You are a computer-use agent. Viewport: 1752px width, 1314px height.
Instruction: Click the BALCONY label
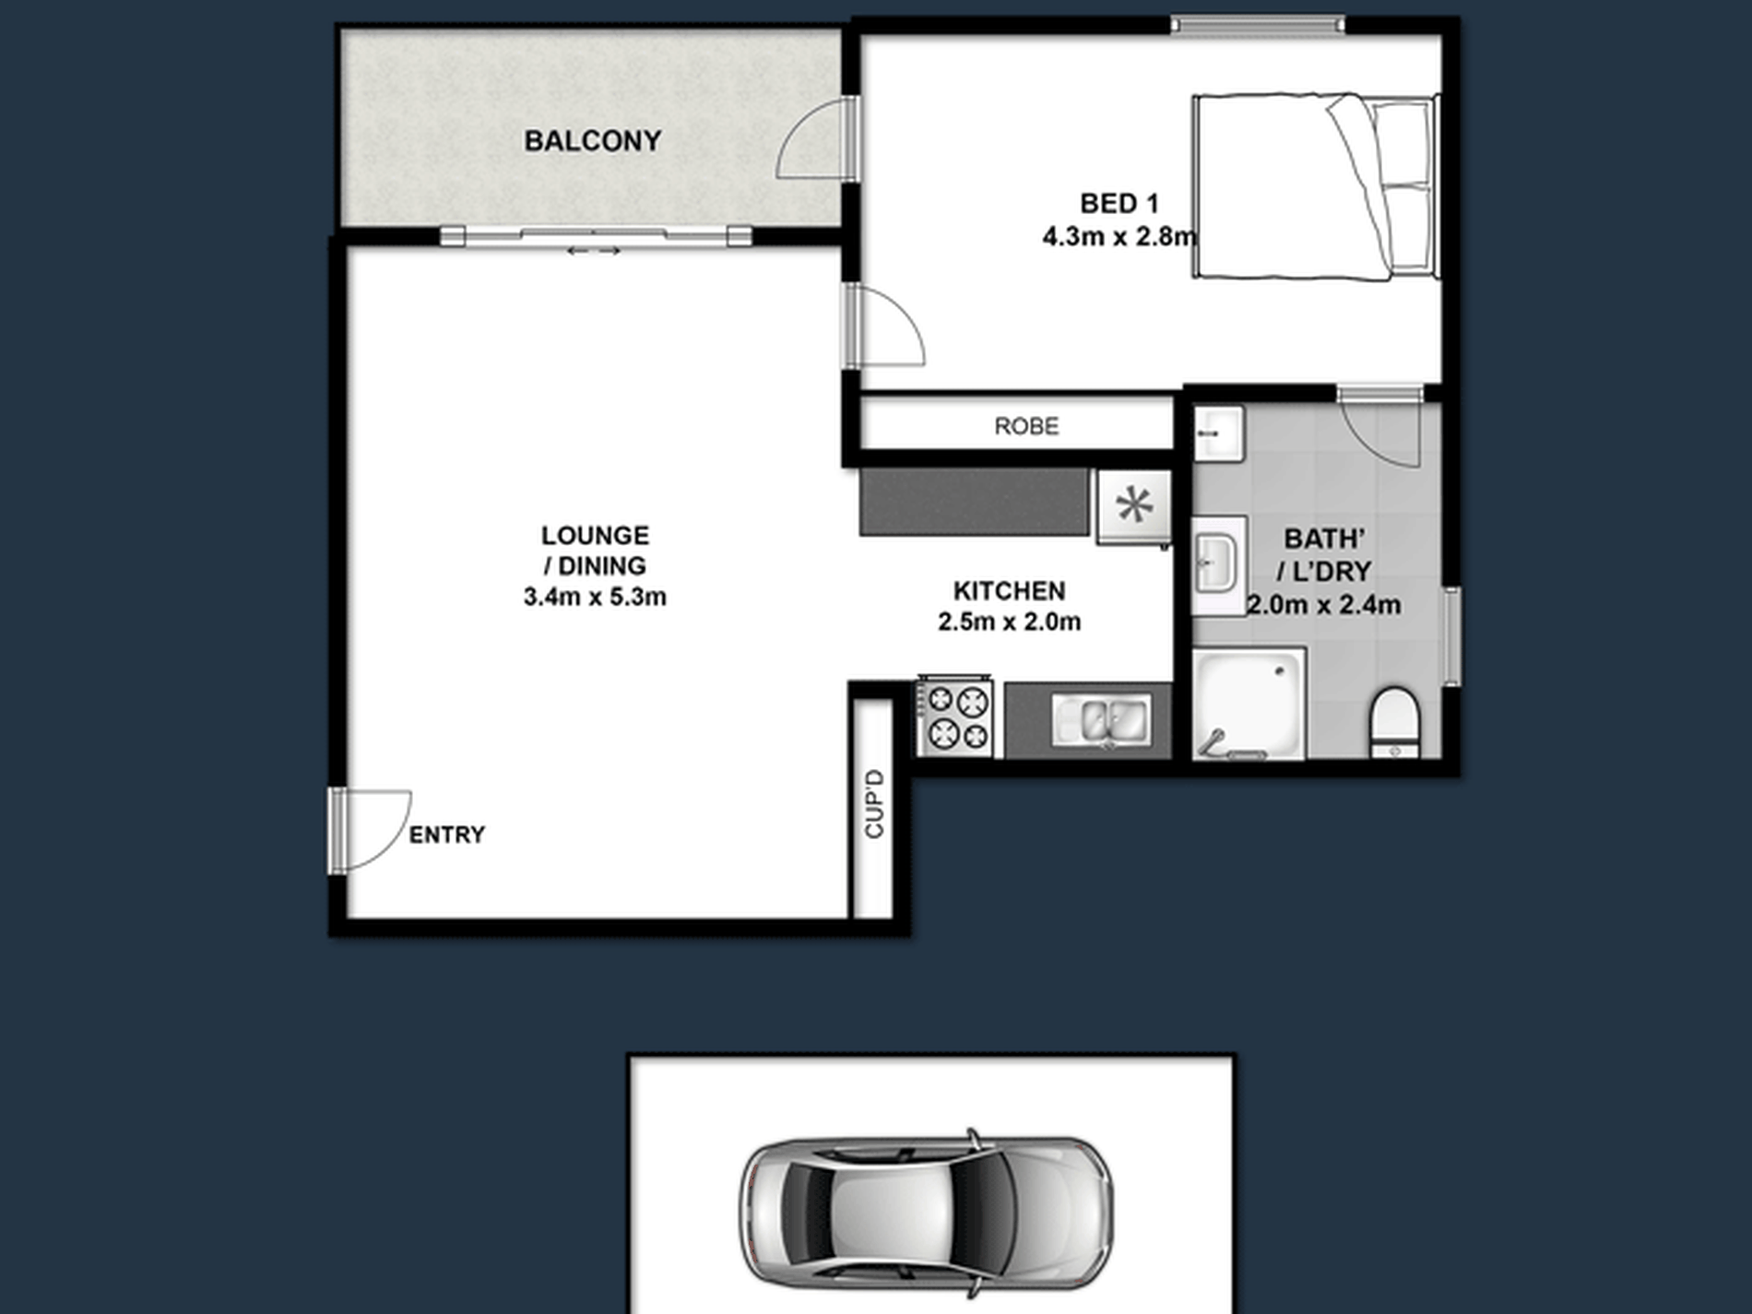[593, 141]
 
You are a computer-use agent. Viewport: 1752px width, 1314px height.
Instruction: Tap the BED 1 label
[1119, 203]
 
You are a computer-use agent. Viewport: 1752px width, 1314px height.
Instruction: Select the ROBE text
[1026, 426]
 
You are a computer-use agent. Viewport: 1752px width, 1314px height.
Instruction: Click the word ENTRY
[447, 835]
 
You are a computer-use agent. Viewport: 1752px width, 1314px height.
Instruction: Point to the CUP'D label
[874, 803]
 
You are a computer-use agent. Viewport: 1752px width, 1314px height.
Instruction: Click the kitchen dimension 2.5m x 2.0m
[1010, 621]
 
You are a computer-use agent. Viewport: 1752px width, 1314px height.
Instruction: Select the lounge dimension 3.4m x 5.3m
[595, 597]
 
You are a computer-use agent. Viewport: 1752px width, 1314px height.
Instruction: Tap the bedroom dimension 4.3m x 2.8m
[1119, 237]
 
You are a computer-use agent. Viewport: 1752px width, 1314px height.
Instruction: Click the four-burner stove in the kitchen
[954, 717]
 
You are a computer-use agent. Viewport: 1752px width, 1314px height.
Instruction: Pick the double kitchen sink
[1102, 719]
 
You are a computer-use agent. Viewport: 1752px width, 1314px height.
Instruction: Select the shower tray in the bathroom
[1249, 704]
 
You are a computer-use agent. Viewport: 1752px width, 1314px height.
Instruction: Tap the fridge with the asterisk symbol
[1134, 506]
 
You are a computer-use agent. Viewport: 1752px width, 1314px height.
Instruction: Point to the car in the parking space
[926, 1212]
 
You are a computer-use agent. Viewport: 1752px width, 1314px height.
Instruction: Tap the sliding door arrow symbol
[594, 251]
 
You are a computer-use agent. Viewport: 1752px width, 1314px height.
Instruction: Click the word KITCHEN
[1010, 591]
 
